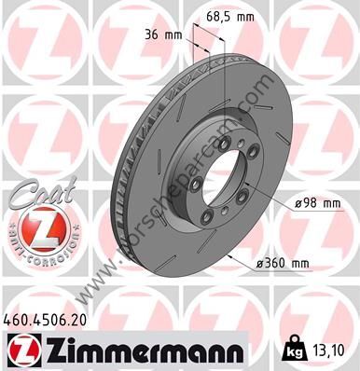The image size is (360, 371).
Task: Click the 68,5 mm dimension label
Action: click(x=229, y=17)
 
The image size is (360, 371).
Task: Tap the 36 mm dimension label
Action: click(x=163, y=35)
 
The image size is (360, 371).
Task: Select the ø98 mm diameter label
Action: click(x=317, y=204)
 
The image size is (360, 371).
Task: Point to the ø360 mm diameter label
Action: click(x=282, y=264)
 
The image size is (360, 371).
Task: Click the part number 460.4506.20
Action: click(x=45, y=321)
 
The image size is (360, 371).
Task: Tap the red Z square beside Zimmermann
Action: click(x=23, y=351)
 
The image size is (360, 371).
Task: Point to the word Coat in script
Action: click(x=43, y=194)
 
